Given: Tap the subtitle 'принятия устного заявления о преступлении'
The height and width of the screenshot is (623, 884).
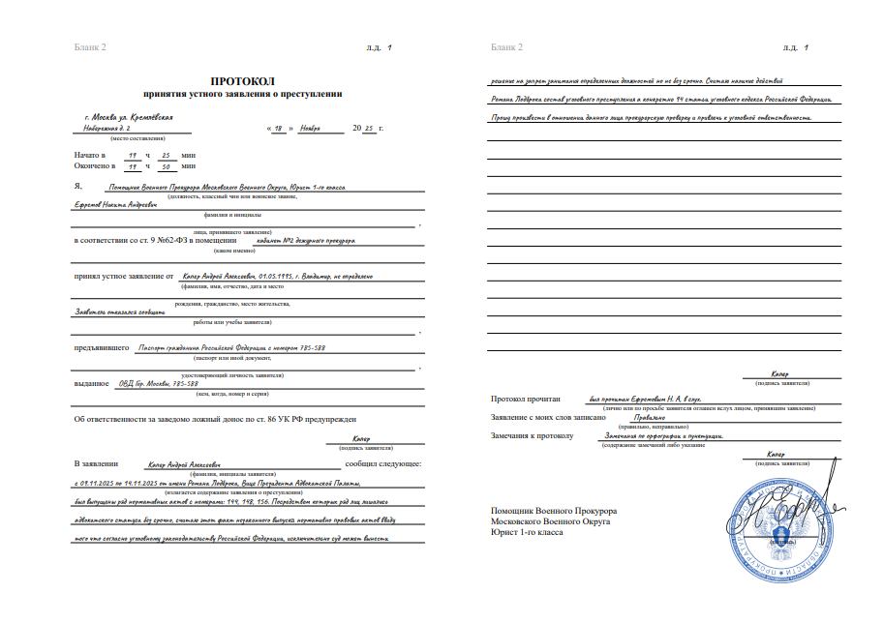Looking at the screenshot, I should pyautogui.click(x=242, y=94).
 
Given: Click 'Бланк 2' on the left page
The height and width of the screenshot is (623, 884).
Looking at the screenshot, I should pyautogui.click(x=90, y=46).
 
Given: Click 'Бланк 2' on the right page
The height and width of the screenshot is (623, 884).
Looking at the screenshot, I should pyautogui.click(x=506, y=46).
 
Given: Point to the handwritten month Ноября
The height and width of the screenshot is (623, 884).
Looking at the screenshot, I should pyautogui.click(x=310, y=127).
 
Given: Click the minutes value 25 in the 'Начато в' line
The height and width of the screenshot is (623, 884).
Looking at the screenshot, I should pyautogui.click(x=167, y=154).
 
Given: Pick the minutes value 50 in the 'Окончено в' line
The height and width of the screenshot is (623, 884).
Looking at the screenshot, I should pyautogui.click(x=167, y=165).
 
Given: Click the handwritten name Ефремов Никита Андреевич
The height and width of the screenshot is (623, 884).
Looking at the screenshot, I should pyautogui.click(x=112, y=204).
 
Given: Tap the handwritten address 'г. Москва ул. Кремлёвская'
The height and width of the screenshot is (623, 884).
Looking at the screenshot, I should pyautogui.click(x=129, y=116).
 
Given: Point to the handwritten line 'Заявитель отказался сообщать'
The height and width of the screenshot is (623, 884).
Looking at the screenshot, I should pyautogui.click(x=118, y=311).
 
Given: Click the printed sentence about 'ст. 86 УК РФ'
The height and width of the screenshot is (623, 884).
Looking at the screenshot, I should pyautogui.click(x=216, y=419).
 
